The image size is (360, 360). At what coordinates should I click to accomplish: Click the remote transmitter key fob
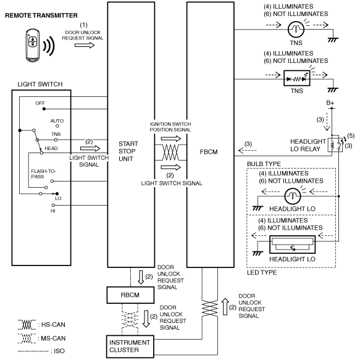click(x=32, y=45)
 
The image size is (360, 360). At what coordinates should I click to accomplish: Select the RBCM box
click(x=130, y=295)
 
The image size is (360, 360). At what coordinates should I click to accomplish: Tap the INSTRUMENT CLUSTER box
click(x=130, y=346)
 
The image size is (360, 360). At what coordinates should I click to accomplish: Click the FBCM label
click(x=209, y=152)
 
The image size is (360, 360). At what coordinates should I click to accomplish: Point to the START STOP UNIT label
click(x=128, y=151)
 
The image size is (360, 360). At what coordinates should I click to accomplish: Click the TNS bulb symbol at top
click(x=296, y=29)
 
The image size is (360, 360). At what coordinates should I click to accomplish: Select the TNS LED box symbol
click(x=296, y=78)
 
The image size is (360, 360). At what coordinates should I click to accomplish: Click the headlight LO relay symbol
click(x=335, y=144)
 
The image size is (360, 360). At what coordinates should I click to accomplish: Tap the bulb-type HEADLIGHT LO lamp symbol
click(x=293, y=196)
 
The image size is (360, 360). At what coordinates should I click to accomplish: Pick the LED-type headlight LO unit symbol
click(x=292, y=245)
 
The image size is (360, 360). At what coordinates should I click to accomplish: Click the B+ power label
click(x=330, y=103)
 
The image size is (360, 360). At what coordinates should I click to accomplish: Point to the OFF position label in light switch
click(x=40, y=103)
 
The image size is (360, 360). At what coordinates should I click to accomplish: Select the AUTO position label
click(x=57, y=121)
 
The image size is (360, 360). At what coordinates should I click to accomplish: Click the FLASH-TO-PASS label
click(x=43, y=174)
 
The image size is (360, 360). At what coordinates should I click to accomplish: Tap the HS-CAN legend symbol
click(x=27, y=324)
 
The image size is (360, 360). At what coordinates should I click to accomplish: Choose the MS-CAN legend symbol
click(x=27, y=338)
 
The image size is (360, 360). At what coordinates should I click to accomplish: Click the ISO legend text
click(x=59, y=351)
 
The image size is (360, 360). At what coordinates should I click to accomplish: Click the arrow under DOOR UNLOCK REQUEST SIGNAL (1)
click(x=85, y=45)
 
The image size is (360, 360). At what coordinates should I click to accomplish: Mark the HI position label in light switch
click(x=53, y=211)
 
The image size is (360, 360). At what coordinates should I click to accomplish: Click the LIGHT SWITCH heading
click(x=40, y=84)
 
